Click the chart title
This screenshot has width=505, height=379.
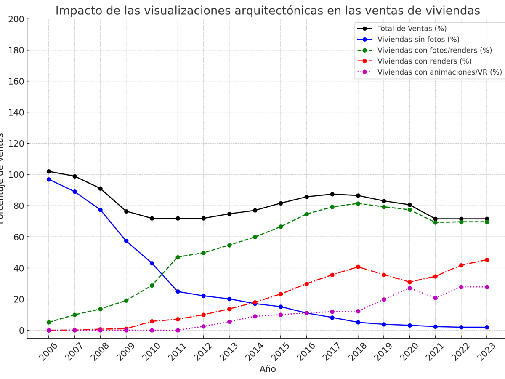pos(268,11)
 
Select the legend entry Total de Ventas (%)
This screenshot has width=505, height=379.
pos(412,29)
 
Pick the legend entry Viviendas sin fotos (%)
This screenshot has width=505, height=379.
pos(418,40)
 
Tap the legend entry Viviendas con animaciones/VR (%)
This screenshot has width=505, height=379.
pos(439,72)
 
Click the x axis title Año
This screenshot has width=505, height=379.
pos(268,369)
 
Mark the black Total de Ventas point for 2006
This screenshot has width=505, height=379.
pos(49,171)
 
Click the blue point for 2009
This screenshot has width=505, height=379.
pos(126,241)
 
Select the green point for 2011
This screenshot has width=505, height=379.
pos(178,257)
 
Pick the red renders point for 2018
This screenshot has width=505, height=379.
pos(358,267)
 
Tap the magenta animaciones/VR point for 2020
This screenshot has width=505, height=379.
pos(409,288)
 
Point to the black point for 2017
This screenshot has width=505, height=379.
pos(332,194)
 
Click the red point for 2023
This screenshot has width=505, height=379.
pos(487,260)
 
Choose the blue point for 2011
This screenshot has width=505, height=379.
pos(178,291)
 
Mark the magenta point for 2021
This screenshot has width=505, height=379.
pos(436,298)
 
